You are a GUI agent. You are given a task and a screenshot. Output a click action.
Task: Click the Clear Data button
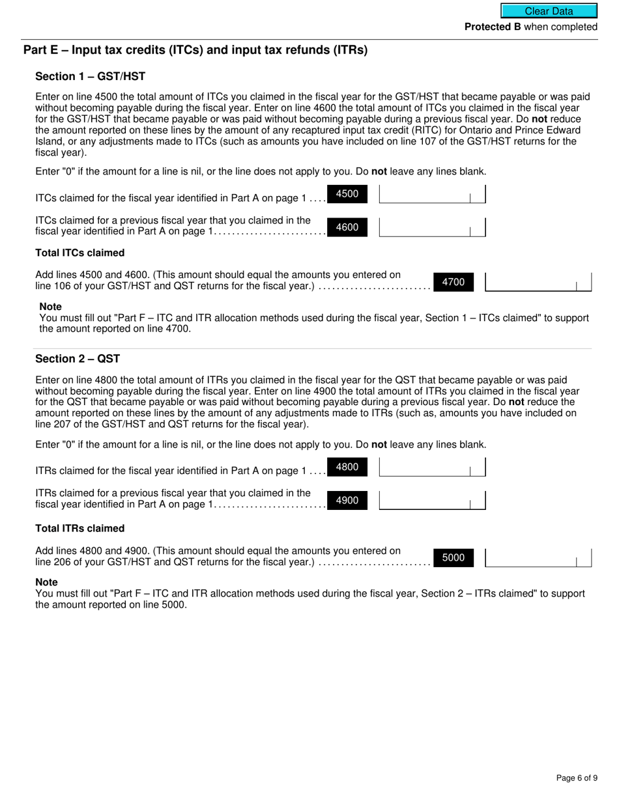tap(549, 11)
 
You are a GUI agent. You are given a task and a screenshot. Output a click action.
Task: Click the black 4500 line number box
tap(347, 194)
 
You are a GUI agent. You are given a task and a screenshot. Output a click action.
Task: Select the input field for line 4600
tap(432, 227)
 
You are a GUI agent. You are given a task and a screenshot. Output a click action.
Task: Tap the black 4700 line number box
tap(453, 282)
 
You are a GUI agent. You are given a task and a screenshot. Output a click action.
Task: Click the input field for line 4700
tap(538, 282)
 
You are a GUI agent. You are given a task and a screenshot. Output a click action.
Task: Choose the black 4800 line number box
tap(347, 467)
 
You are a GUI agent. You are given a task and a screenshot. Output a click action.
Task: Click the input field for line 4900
tap(432, 500)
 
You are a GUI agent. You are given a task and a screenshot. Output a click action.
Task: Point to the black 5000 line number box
tap(453, 557)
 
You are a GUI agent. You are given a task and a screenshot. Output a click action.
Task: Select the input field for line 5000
tap(538, 558)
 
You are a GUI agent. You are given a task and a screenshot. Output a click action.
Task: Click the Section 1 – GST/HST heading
tap(90, 77)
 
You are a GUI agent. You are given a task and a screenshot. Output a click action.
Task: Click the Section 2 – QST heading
tap(78, 359)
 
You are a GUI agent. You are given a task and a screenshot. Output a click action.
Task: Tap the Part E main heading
tap(195, 50)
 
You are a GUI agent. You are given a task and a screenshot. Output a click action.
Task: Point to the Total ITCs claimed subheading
tap(79, 253)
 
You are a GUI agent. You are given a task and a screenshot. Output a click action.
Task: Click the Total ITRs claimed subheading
tap(79, 528)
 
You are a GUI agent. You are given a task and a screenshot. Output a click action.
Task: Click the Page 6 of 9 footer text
tap(576, 778)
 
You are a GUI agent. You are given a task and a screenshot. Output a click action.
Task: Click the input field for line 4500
tap(432, 194)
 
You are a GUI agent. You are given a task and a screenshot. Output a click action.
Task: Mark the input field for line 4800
tap(432, 467)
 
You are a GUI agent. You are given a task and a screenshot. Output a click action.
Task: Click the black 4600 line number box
tap(347, 227)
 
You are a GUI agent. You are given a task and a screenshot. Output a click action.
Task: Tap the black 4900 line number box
tap(347, 500)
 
